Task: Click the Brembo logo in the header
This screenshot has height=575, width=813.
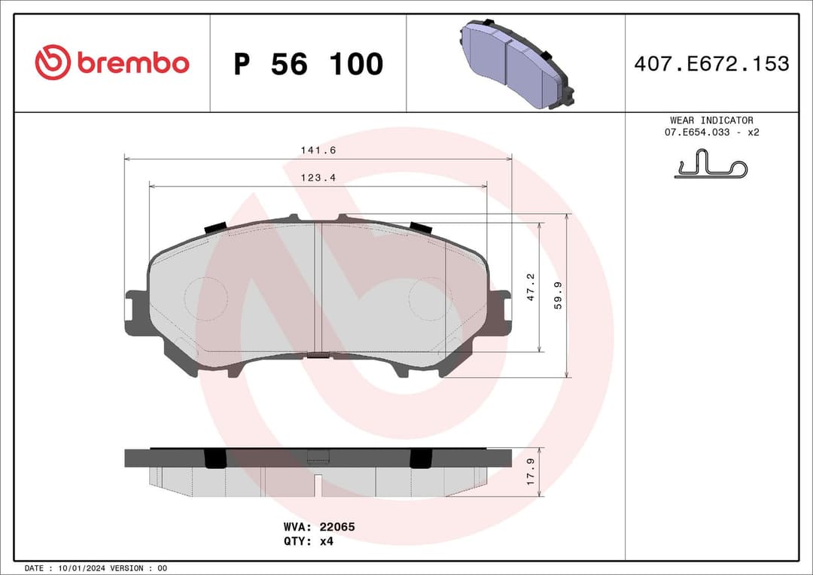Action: click(x=112, y=63)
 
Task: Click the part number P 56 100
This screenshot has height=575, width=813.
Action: click(x=308, y=65)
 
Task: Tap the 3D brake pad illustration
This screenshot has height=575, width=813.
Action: click(x=516, y=63)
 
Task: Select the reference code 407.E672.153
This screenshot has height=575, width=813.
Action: click(x=711, y=64)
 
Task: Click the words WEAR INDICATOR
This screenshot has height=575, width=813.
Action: click(x=711, y=120)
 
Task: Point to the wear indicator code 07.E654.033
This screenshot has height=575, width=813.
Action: click(x=698, y=132)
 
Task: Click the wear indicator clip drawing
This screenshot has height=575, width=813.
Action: click(x=710, y=166)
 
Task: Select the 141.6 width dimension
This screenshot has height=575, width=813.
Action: click(x=318, y=151)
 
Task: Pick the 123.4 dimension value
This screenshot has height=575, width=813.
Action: click(x=318, y=178)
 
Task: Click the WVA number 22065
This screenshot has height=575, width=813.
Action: click(x=338, y=527)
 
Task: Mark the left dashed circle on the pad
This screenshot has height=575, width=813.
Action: click(x=206, y=299)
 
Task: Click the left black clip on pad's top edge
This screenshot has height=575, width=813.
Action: click(x=215, y=227)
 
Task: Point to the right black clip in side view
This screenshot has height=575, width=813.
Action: click(x=420, y=458)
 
